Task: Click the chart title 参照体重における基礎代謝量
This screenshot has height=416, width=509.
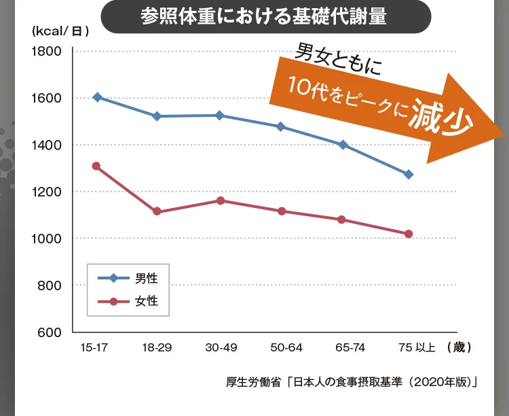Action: point(264,16)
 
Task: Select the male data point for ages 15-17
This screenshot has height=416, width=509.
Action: point(97,97)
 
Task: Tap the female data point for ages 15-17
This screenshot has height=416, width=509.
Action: point(96,167)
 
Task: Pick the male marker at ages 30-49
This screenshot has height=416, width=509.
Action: point(220,116)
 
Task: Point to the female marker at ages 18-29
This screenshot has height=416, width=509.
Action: point(157,211)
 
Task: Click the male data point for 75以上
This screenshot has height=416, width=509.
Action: point(409,175)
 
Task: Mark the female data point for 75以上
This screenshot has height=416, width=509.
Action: point(409,235)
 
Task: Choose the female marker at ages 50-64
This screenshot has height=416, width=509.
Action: point(282,211)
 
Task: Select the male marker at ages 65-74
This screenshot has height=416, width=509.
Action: point(343,145)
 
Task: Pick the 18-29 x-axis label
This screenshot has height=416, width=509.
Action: point(157,347)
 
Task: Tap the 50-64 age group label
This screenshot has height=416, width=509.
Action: point(286,347)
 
